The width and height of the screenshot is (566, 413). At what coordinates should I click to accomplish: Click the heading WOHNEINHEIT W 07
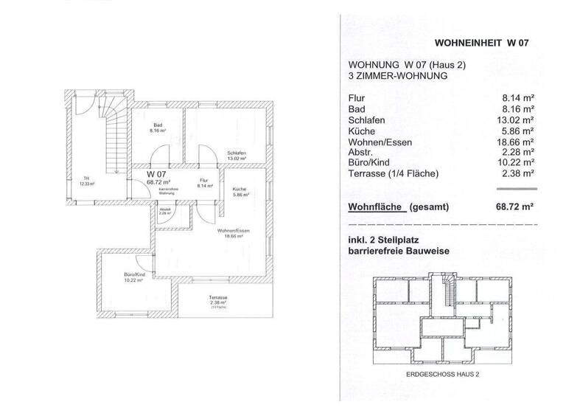483,42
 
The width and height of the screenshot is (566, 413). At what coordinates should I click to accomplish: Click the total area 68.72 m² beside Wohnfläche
515,207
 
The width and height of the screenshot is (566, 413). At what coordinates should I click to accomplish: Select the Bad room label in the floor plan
158,125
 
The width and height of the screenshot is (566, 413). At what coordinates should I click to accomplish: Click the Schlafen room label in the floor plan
236,153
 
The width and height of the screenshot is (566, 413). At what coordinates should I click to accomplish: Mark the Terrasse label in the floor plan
217,297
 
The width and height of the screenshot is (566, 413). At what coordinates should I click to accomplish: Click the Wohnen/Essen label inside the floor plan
231,231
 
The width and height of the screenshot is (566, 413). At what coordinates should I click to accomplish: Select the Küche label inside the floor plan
240,190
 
